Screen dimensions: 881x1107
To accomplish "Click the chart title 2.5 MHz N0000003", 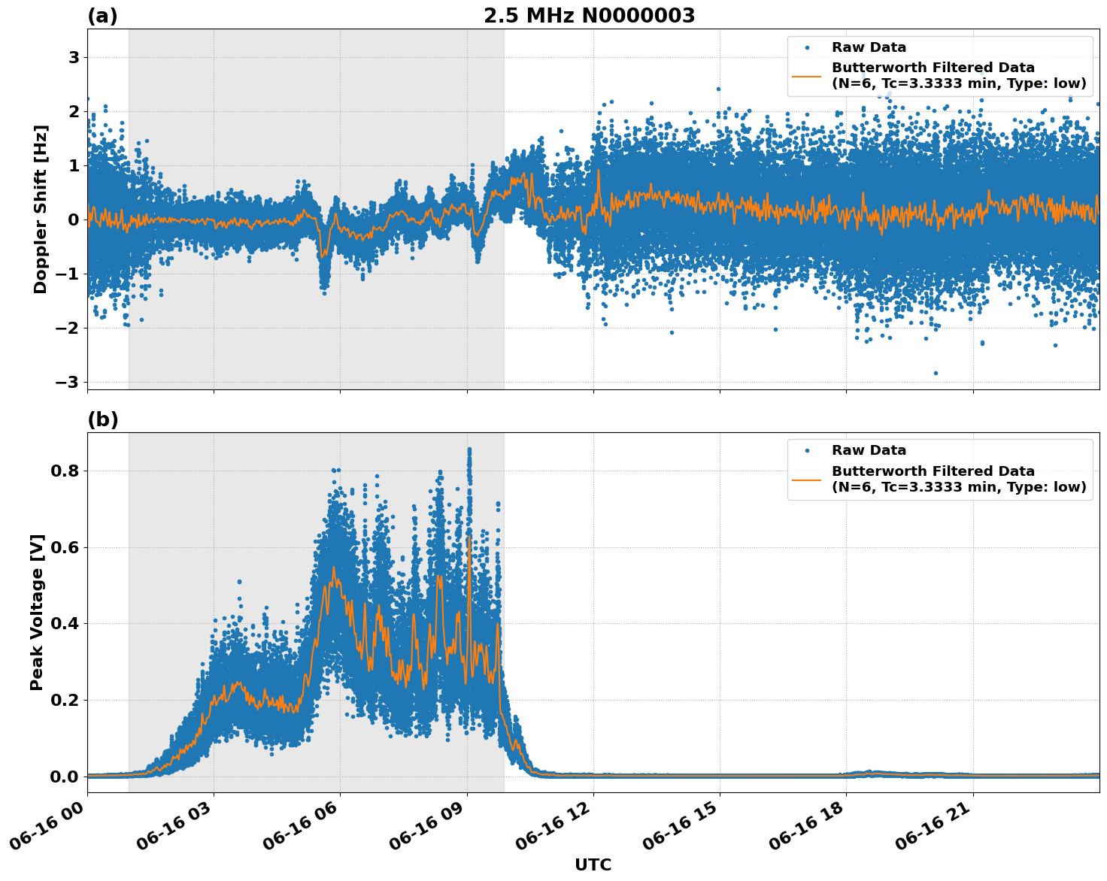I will (589, 16).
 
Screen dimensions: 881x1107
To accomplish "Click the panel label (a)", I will (102, 16).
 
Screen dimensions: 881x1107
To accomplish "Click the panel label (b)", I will (102, 419).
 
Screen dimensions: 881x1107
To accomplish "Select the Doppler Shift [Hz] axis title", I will (41, 209).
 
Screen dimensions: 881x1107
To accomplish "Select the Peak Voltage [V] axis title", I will (37, 612).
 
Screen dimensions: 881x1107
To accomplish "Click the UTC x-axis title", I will (593, 864).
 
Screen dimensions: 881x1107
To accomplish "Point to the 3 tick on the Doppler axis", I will (74, 57).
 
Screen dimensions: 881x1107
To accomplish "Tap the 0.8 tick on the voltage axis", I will (66, 471).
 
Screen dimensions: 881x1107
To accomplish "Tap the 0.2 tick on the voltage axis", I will (66, 700).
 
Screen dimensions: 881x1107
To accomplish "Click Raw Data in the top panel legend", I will (869, 47).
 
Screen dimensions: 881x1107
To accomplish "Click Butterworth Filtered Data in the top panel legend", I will (933, 68).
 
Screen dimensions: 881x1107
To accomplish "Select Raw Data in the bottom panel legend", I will (869, 450).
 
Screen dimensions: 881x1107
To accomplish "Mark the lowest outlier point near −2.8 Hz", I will (936, 373).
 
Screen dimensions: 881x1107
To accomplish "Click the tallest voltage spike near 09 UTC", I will (469, 450).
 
